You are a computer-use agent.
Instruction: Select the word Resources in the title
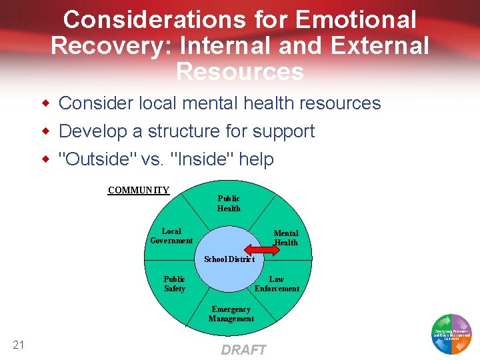click(240, 71)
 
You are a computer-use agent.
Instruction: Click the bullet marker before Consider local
click(46, 103)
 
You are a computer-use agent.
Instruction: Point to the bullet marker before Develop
click(46, 131)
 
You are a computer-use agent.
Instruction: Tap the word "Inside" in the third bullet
click(204, 159)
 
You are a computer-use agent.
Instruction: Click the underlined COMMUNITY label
click(139, 191)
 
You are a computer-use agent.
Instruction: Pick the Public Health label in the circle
click(229, 203)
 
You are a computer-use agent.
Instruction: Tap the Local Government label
click(171, 236)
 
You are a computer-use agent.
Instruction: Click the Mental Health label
click(286, 238)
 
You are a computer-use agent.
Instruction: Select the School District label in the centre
click(229, 259)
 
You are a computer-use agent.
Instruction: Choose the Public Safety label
click(175, 284)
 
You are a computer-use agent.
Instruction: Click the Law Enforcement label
click(277, 284)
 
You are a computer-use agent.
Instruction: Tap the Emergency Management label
click(231, 314)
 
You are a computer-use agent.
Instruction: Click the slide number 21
click(19, 345)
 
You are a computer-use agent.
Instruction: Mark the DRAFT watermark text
click(243, 350)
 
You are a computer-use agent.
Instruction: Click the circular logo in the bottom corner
click(451, 333)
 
